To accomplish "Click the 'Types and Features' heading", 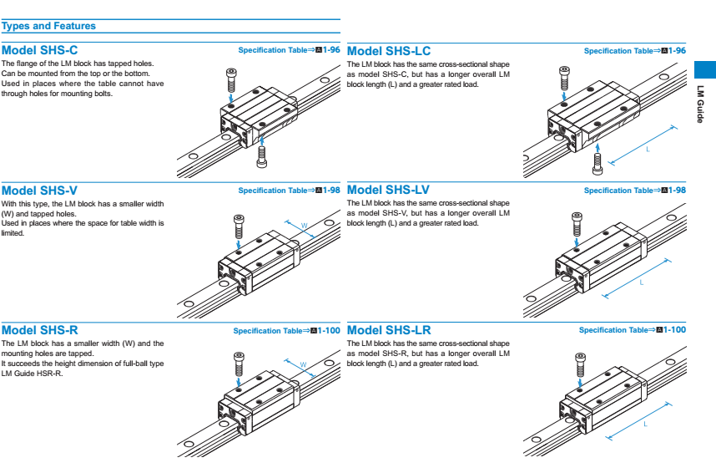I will [49, 26].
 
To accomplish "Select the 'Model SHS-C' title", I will [40, 50].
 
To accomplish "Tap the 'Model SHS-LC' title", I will [389, 51].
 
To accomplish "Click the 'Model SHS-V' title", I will [39, 191].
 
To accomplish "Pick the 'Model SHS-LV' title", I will [389, 191].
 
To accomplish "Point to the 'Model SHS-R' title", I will [40, 330].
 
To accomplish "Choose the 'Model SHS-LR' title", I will [389, 330].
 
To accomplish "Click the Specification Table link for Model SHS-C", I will [289, 50].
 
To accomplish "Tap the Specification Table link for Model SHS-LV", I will [634, 191].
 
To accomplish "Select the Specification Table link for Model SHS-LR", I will [632, 330].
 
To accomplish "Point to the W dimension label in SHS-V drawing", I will [304, 225].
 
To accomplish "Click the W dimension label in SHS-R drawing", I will [304, 364].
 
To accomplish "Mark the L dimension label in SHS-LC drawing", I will [648, 149].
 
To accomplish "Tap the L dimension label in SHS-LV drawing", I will [642, 283].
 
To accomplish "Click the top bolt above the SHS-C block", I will [231, 80].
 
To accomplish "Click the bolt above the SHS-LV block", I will [577, 224].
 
